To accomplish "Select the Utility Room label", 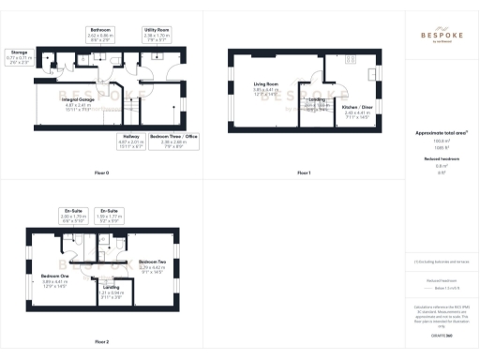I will [156, 30].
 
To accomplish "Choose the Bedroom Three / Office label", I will [174, 137].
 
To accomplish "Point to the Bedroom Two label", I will [152, 261].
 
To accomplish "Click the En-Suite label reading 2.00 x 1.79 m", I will [73, 211].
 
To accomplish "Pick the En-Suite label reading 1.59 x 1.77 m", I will [110, 211].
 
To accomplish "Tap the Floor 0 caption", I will [102, 173].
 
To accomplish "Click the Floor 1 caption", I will [303, 173].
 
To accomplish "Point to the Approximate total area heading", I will [441, 133].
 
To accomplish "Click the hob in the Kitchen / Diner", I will [372, 75].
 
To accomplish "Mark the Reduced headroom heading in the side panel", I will [441, 160].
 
